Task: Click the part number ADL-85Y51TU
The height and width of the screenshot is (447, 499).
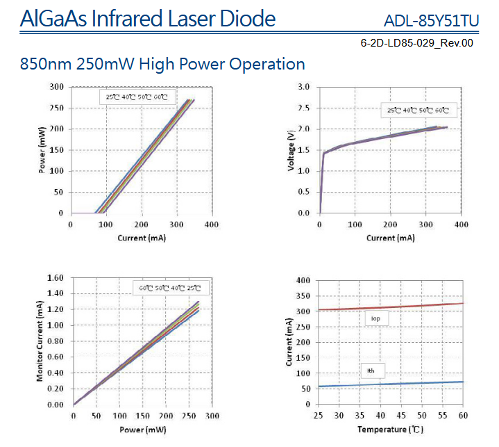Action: pos(431,21)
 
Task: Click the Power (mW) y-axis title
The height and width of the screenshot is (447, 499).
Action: pos(42,149)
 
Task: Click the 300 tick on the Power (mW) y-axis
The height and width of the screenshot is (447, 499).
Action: pos(57,87)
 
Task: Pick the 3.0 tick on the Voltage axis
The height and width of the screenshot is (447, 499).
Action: pos(304,87)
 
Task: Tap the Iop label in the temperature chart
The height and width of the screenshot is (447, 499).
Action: pos(375,318)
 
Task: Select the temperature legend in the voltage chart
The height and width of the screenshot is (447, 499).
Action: pos(418,111)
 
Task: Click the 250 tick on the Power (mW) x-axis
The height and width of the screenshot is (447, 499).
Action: pos(188,415)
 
